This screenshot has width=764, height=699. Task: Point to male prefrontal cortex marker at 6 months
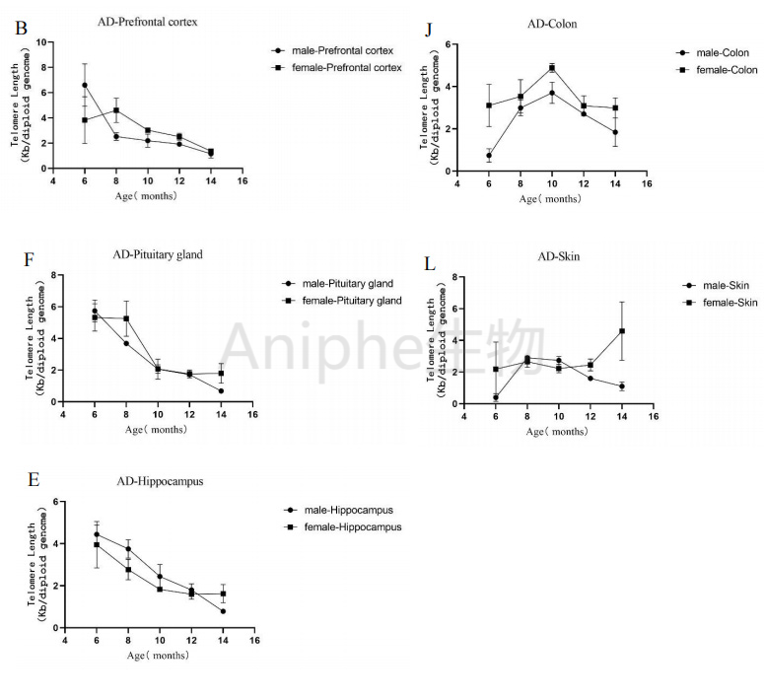(85, 85)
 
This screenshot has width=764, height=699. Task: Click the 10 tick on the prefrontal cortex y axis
(42, 42)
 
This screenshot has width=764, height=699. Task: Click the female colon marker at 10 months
(552, 68)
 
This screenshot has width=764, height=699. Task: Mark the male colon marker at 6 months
(489, 155)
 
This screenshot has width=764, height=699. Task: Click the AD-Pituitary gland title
(158, 254)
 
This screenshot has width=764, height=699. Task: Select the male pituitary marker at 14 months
(221, 391)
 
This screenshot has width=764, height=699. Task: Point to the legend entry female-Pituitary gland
(350, 300)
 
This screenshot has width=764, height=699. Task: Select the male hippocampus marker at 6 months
(97, 534)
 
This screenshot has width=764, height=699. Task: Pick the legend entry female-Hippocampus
(352, 526)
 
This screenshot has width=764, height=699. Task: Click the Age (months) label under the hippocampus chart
(160, 656)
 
